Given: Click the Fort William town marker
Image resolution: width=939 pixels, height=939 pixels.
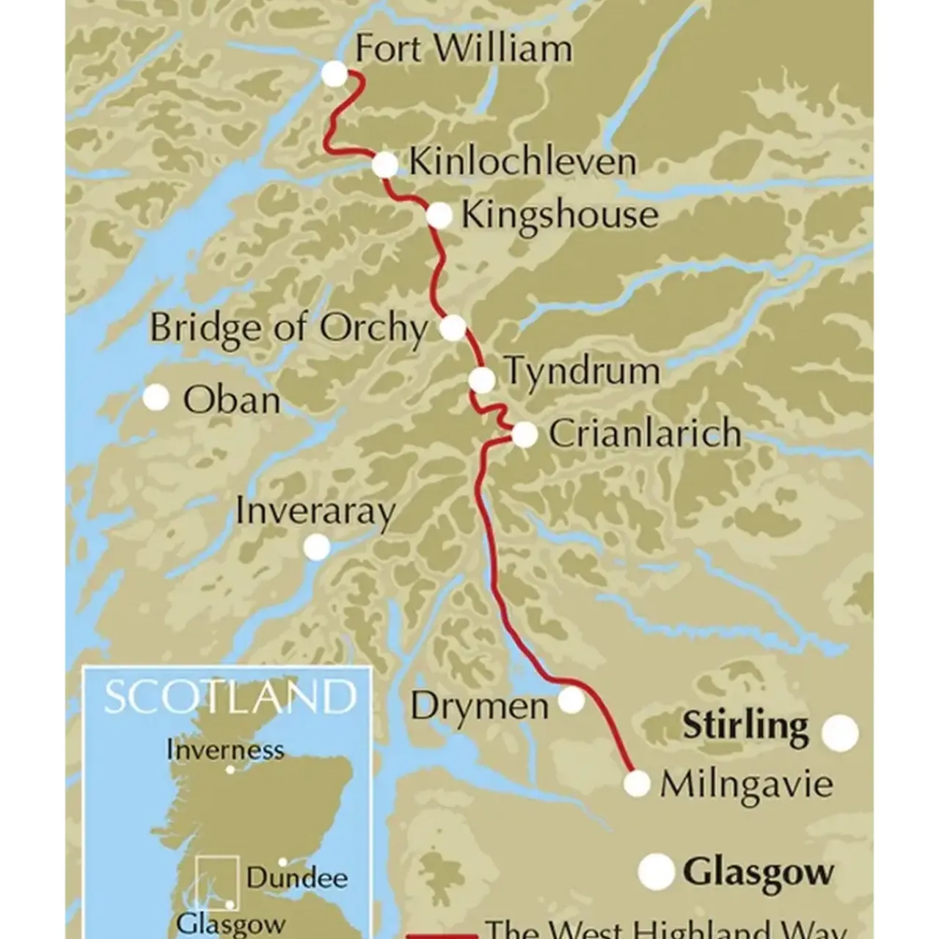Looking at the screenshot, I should click(x=335, y=73).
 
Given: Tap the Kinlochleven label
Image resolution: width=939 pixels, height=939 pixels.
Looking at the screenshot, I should click(x=522, y=162).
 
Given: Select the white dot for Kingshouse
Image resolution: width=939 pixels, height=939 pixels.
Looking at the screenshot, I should click(x=439, y=215).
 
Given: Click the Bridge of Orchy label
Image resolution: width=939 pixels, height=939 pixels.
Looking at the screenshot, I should click(x=288, y=328).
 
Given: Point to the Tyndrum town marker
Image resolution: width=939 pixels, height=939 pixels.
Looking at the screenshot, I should click(x=482, y=380).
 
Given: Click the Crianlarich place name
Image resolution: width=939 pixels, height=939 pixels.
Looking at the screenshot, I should click(x=645, y=434).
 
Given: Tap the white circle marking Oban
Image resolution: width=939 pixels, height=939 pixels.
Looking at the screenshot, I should click(x=156, y=398).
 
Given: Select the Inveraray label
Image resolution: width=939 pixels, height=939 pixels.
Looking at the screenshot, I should click(x=315, y=511).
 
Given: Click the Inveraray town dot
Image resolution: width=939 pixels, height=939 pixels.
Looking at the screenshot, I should click(x=317, y=547).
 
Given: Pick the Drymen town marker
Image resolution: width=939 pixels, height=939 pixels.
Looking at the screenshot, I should click(x=571, y=700).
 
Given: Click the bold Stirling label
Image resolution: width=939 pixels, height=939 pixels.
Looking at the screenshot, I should click(x=745, y=726).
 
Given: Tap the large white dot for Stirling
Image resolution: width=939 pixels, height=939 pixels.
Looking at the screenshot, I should click(x=840, y=733).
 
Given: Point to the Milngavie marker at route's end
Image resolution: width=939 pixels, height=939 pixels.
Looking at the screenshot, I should click(x=637, y=783).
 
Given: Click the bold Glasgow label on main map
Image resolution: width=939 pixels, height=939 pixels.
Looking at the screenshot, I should click(x=759, y=873).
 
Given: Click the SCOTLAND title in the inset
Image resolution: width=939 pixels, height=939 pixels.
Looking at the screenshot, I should click(x=230, y=697).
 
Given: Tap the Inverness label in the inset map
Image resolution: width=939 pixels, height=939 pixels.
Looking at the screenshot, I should click(x=224, y=750).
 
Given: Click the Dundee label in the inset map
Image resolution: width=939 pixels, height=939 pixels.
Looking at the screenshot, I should click(x=297, y=878).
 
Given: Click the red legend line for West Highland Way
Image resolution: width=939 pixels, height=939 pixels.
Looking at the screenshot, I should click(x=442, y=936).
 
